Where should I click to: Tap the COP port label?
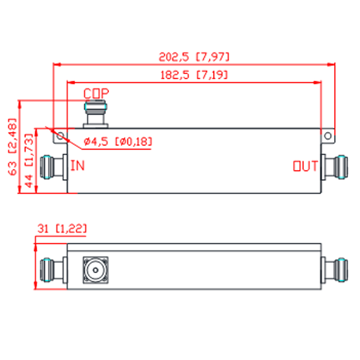pyautogui.click(x=96, y=94)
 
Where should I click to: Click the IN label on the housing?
pyautogui.click(x=78, y=166)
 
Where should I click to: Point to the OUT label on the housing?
pyautogui.click(x=306, y=166)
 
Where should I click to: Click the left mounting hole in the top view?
pyautogui.click(x=60, y=135)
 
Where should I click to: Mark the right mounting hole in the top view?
pyautogui.click(x=328, y=136)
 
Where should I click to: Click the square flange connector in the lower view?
pyautogui.click(x=96, y=270)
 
